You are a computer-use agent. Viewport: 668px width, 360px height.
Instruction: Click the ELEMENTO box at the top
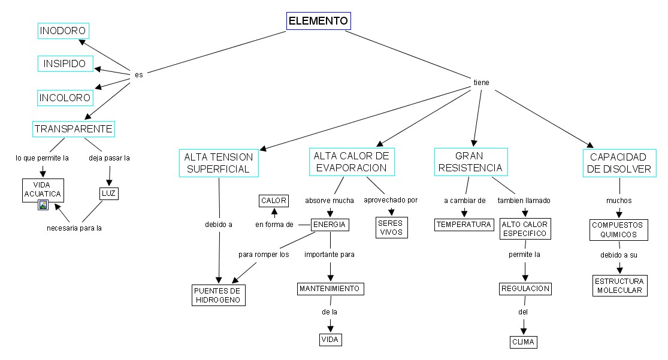tap(318, 21)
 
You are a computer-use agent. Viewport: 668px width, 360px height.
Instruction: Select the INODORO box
tap(64, 31)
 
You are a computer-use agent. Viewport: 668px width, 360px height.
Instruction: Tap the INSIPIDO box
tap(65, 63)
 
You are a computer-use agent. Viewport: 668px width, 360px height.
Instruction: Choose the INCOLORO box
tap(65, 97)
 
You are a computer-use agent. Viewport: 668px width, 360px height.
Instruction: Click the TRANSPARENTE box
tap(74, 129)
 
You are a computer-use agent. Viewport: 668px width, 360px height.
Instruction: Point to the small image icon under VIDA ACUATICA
tap(43, 205)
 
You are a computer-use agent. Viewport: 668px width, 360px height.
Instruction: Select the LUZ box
tap(108, 193)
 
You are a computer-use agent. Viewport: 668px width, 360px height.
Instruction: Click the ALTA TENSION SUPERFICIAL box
tap(219, 163)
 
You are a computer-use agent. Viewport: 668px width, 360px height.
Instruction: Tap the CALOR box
tap(274, 200)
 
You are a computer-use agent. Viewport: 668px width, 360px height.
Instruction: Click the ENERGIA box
tap(330, 225)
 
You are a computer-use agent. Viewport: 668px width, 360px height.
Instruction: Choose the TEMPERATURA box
tap(464, 225)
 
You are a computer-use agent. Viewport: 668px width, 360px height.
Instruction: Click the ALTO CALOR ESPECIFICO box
tap(524, 229)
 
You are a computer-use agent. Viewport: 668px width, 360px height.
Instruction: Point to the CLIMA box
tap(524, 342)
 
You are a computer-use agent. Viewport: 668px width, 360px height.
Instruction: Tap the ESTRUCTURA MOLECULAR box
tap(620, 286)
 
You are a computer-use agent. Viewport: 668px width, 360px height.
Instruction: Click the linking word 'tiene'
tap(481, 82)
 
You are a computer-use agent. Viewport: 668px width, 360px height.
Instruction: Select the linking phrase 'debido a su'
tap(619, 255)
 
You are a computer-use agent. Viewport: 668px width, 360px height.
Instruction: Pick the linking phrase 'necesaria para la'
tap(74, 228)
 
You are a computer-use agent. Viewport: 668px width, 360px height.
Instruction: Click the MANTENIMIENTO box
tap(331, 289)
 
